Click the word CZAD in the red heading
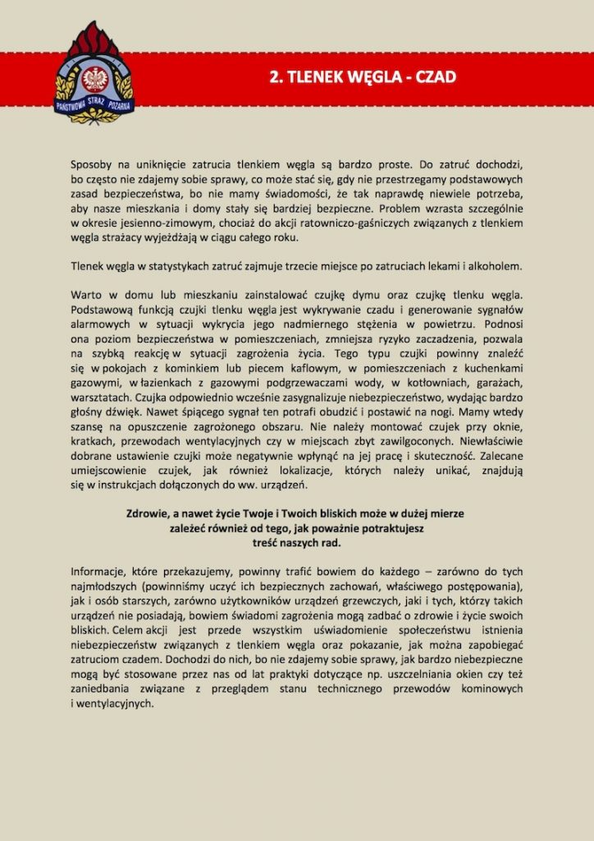(x=435, y=77)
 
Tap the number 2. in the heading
(x=276, y=77)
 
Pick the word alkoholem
(x=489, y=267)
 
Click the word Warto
(x=88, y=296)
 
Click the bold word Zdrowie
(x=148, y=514)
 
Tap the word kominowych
(x=491, y=689)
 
